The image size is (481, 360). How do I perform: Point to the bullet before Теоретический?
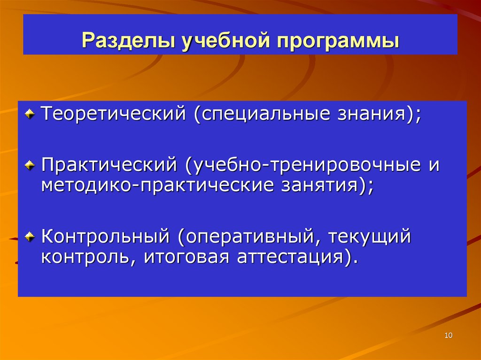click(x=30, y=113)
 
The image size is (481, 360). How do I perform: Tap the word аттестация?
click(x=291, y=257)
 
